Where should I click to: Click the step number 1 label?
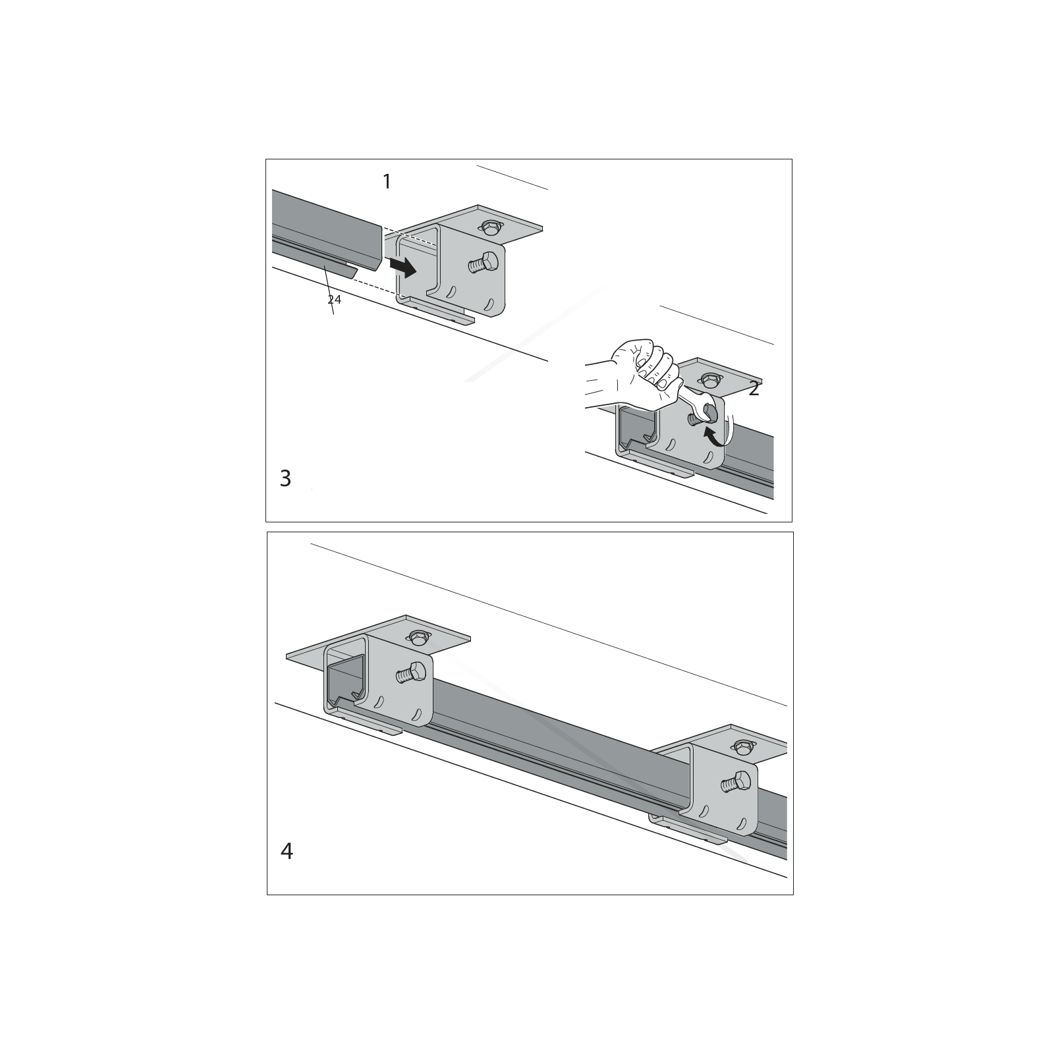(387, 181)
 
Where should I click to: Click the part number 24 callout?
(335, 300)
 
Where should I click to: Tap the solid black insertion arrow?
(402, 266)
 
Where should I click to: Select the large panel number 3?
(285, 478)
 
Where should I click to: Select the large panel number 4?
(287, 851)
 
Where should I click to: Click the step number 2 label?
(754, 389)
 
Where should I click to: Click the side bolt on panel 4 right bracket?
(736, 783)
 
